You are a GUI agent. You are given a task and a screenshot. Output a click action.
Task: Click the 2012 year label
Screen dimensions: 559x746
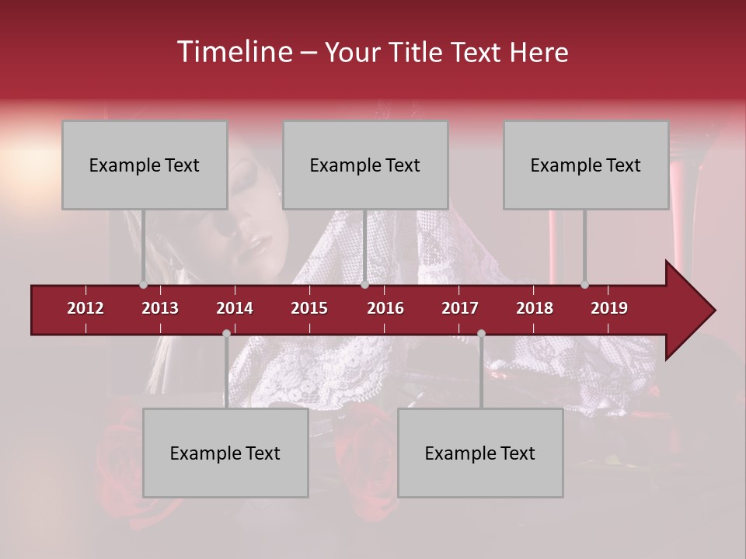[x=85, y=308]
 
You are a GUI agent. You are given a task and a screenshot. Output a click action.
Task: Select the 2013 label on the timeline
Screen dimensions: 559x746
[x=160, y=308]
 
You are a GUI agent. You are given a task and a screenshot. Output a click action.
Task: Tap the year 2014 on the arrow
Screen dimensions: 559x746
[x=235, y=308]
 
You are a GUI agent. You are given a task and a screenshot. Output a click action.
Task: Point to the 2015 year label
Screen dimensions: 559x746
[x=309, y=308]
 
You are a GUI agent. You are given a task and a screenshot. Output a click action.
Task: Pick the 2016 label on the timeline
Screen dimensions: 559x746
[x=385, y=308]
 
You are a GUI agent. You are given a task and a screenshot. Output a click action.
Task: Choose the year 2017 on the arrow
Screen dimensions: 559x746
[x=460, y=308]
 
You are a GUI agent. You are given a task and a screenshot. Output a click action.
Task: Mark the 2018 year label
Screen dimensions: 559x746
[x=535, y=308]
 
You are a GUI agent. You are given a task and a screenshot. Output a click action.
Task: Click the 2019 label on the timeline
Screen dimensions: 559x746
[x=609, y=308]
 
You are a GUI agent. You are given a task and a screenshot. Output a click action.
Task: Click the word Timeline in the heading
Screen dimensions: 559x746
[x=234, y=52]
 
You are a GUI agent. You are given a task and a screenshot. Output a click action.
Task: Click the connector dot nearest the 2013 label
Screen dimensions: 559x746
[x=143, y=285]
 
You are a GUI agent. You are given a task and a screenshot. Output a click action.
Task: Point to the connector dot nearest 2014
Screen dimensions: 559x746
[x=226, y=333]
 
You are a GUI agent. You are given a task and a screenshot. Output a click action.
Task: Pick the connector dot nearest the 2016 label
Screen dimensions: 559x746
[x=364, y=285]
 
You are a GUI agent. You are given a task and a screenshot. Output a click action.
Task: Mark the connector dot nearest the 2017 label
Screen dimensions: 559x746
[x=481, y=333]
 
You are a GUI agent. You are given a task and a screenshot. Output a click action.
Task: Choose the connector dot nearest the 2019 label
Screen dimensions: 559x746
[x=584, y=285]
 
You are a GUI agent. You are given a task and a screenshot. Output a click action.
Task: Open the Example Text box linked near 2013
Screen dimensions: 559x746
[x=145, y=165]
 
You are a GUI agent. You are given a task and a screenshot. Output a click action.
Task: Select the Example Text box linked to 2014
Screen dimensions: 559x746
[x=225, y=453]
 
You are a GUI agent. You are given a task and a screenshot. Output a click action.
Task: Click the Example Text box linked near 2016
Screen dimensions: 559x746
[x=365, y=165]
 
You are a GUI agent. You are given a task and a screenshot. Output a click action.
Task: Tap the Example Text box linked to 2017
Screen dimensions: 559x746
[x=480, y=453]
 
